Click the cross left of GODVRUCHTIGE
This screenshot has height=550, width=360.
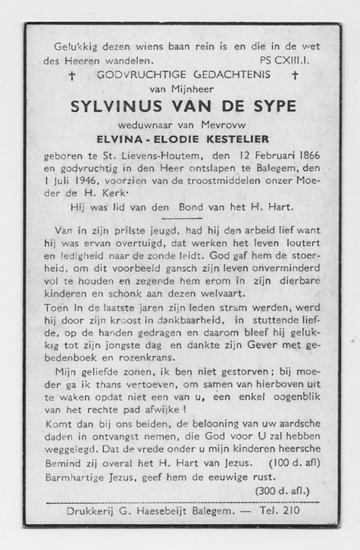tap(71, 77)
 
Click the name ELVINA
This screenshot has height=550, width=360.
tap(124, 139)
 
